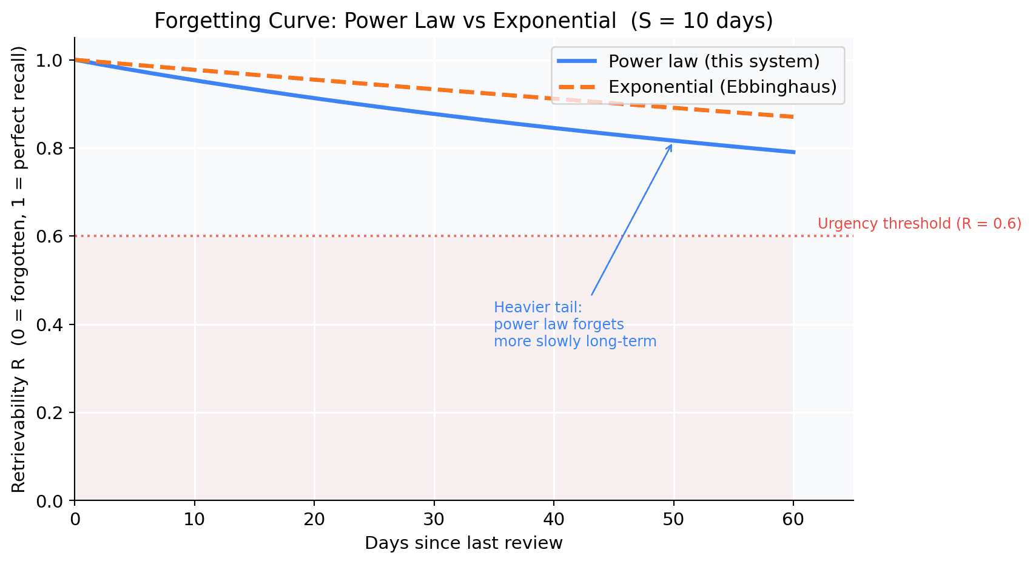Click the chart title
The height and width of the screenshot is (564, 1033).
click(463, 21)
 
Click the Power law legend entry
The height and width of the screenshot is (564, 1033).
click(714, 61)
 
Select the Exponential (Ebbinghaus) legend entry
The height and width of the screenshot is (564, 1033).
click(722, 87)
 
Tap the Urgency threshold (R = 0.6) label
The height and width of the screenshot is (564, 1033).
click(919, 224)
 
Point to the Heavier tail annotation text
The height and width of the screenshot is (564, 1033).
click(574, 324)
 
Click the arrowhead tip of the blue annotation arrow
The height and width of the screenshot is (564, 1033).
click(671, 144)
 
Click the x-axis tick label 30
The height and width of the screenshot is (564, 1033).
click(434, 520)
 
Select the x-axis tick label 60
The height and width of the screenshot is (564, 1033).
click(793, 520)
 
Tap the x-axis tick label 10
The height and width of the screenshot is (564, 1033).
click(194, 520)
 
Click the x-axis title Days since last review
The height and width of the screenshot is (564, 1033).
click(463, 543)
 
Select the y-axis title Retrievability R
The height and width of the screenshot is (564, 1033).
click(19, 269)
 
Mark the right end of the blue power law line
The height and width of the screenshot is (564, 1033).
click(793, 152)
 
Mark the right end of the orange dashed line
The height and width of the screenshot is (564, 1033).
click(793, 117)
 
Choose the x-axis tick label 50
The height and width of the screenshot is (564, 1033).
click(673, 520)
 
